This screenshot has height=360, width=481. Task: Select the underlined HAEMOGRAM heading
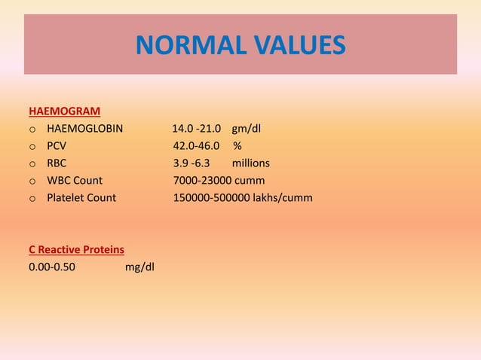[64, 111]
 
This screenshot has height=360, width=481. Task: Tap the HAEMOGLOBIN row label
[84, 128]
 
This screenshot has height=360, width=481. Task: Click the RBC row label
[57, 163]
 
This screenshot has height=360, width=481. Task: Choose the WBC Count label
[75, 180]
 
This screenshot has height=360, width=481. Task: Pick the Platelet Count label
[81, 197]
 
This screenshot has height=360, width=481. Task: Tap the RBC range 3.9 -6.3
[192, 163]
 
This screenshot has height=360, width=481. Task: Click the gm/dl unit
[247, 128]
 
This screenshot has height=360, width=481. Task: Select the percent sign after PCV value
[237, 145]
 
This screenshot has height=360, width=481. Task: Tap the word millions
[250, 163]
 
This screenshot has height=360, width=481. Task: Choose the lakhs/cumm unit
[283, 197]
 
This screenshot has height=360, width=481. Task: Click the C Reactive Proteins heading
[76, 249]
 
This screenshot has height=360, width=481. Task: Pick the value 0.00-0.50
[51, 266]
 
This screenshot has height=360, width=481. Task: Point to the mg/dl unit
[139, 266]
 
